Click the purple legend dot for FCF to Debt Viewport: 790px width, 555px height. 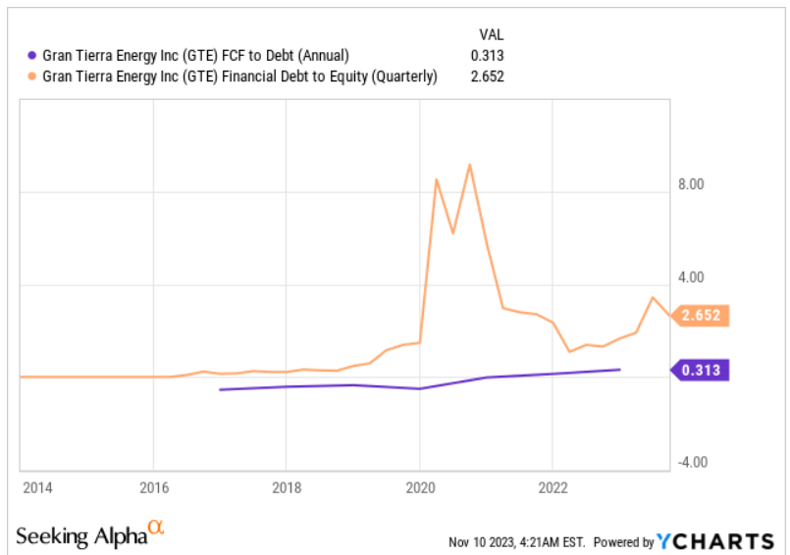pyautogui.click(x=31, y=55)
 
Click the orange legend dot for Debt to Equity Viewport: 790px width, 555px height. pyautogui.click(x=31, y=76)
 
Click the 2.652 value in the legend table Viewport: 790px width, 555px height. pyautogui.click(x=487, y=76)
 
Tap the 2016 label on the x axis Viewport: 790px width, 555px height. pyautogui.click(x=154, y=487)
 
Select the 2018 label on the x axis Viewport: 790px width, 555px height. pyautogui.click(x=287, y=487)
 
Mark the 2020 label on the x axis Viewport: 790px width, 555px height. pyautogui.click(x=420, y=487)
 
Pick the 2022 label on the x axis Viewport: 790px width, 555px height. pyautogui.click(x=553, y=487)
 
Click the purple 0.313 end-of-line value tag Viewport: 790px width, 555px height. pyautogui.click(x=703, y=370)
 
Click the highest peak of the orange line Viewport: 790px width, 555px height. pyautogui.click(x=470, y=165)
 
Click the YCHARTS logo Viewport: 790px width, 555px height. pyautogui.click(x=717, y=541)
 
